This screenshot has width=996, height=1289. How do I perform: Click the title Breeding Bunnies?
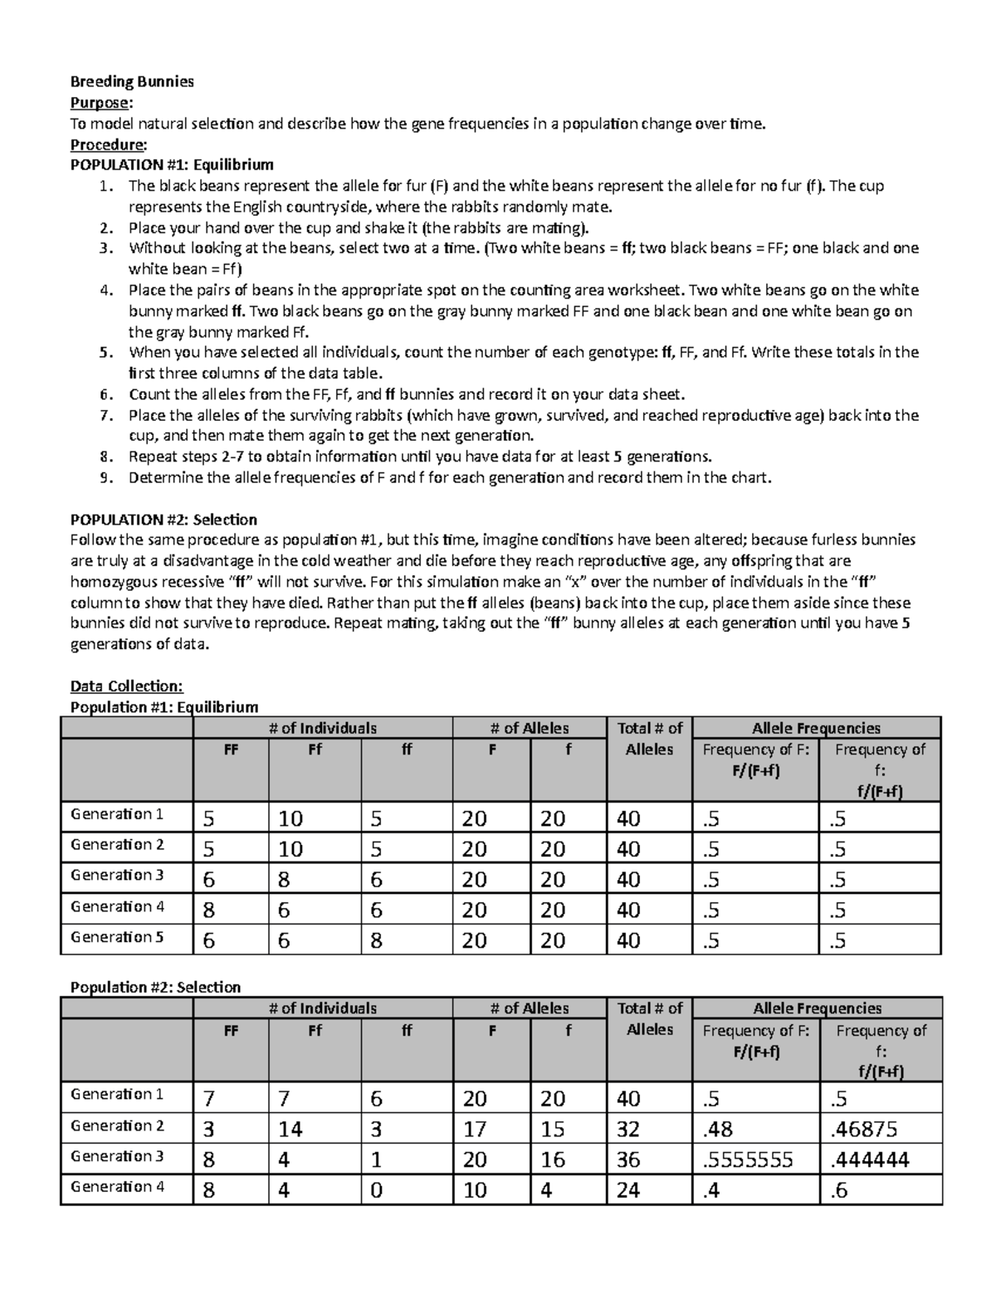pos(132,81)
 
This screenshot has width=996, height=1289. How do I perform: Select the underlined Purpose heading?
pos(100,102)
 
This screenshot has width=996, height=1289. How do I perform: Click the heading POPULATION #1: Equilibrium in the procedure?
pos(172,164)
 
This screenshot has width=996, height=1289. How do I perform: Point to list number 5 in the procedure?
pos(105,352)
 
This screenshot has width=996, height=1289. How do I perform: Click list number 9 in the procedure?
pos(105,477)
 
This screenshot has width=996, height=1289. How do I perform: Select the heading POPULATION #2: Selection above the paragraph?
pos(164,520)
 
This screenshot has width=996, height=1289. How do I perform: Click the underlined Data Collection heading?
pos(126,686)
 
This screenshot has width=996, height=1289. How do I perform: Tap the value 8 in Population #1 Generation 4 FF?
pos(208,911)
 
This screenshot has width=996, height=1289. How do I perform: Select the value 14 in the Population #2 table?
pos(290,1130)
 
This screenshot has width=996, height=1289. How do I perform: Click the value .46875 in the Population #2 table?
pos(863,1130)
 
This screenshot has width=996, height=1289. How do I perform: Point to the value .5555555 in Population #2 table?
pos(747,1160)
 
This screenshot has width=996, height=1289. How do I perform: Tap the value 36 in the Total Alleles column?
pos(628,1160)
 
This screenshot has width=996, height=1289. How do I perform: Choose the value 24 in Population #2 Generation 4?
pos(628,1190)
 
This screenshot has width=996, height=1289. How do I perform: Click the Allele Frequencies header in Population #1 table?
pos(816,728)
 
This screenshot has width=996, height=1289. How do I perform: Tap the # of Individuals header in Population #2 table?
pos(323,1008)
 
